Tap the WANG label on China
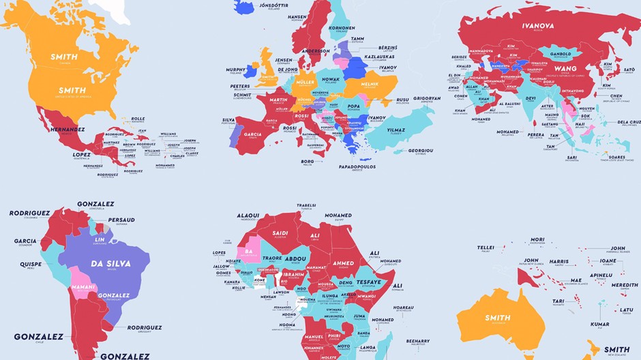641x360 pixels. pyautogui.click(x=565, y=68)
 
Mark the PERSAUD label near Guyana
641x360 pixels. pyautogui.click(x=121, y=220)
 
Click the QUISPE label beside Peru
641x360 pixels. pyautogui.click(x=31, y=264)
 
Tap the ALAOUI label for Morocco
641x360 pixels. pyautogui.click(x=248, y=215)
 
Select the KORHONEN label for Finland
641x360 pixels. pyautogui.click(x=342, y=29)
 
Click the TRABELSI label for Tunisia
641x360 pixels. pyautogui.click(x=305, y=205)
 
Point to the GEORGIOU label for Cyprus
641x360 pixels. pyautogui.click(x=422, y=151)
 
